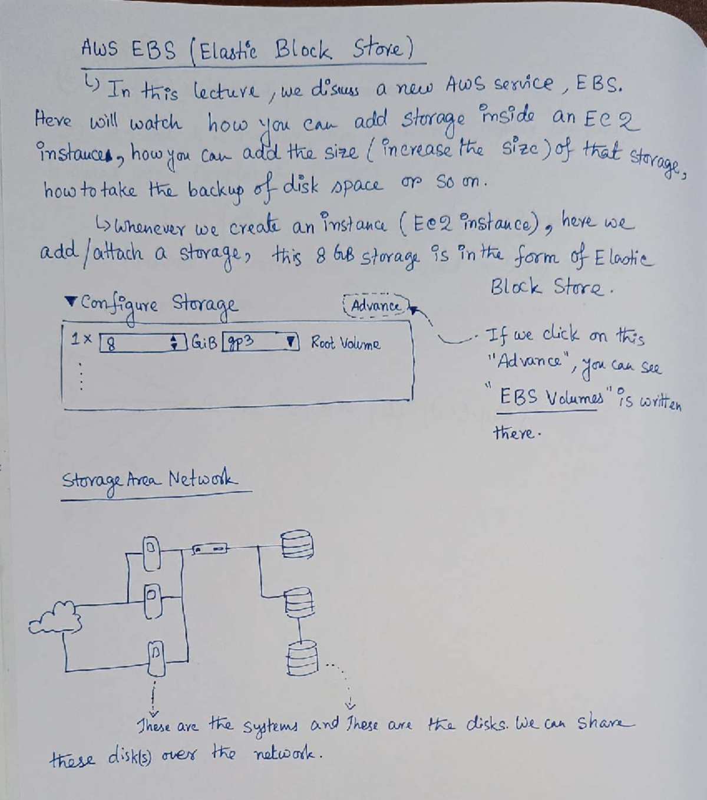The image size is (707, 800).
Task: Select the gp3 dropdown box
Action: click(x=260, y=342)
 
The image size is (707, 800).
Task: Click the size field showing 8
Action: click(x=143, y=343)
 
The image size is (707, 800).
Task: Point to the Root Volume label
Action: click(x=345, y=343)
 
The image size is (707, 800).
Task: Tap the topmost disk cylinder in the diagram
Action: click(x=297, y=544)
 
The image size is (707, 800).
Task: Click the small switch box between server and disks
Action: click(x=209, y=549)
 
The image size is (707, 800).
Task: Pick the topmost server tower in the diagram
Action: click(x=151, y=553)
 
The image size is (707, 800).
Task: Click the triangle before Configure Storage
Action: click(x=70, y=302)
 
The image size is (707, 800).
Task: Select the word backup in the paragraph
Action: click(x=216, y=192)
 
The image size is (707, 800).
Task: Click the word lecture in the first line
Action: click(x=226, y=92)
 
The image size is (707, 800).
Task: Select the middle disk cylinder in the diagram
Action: click(x=299, y=602)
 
